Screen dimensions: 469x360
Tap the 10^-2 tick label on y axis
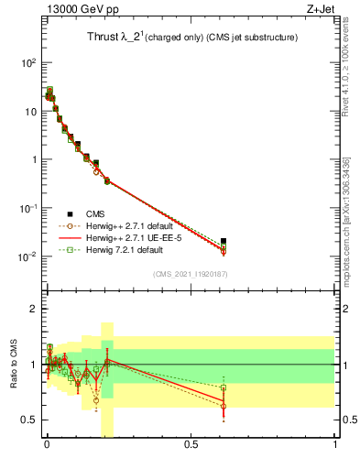point(27,256)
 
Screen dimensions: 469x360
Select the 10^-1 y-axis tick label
point(27,208)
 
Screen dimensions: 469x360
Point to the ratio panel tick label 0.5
point(28,420)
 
